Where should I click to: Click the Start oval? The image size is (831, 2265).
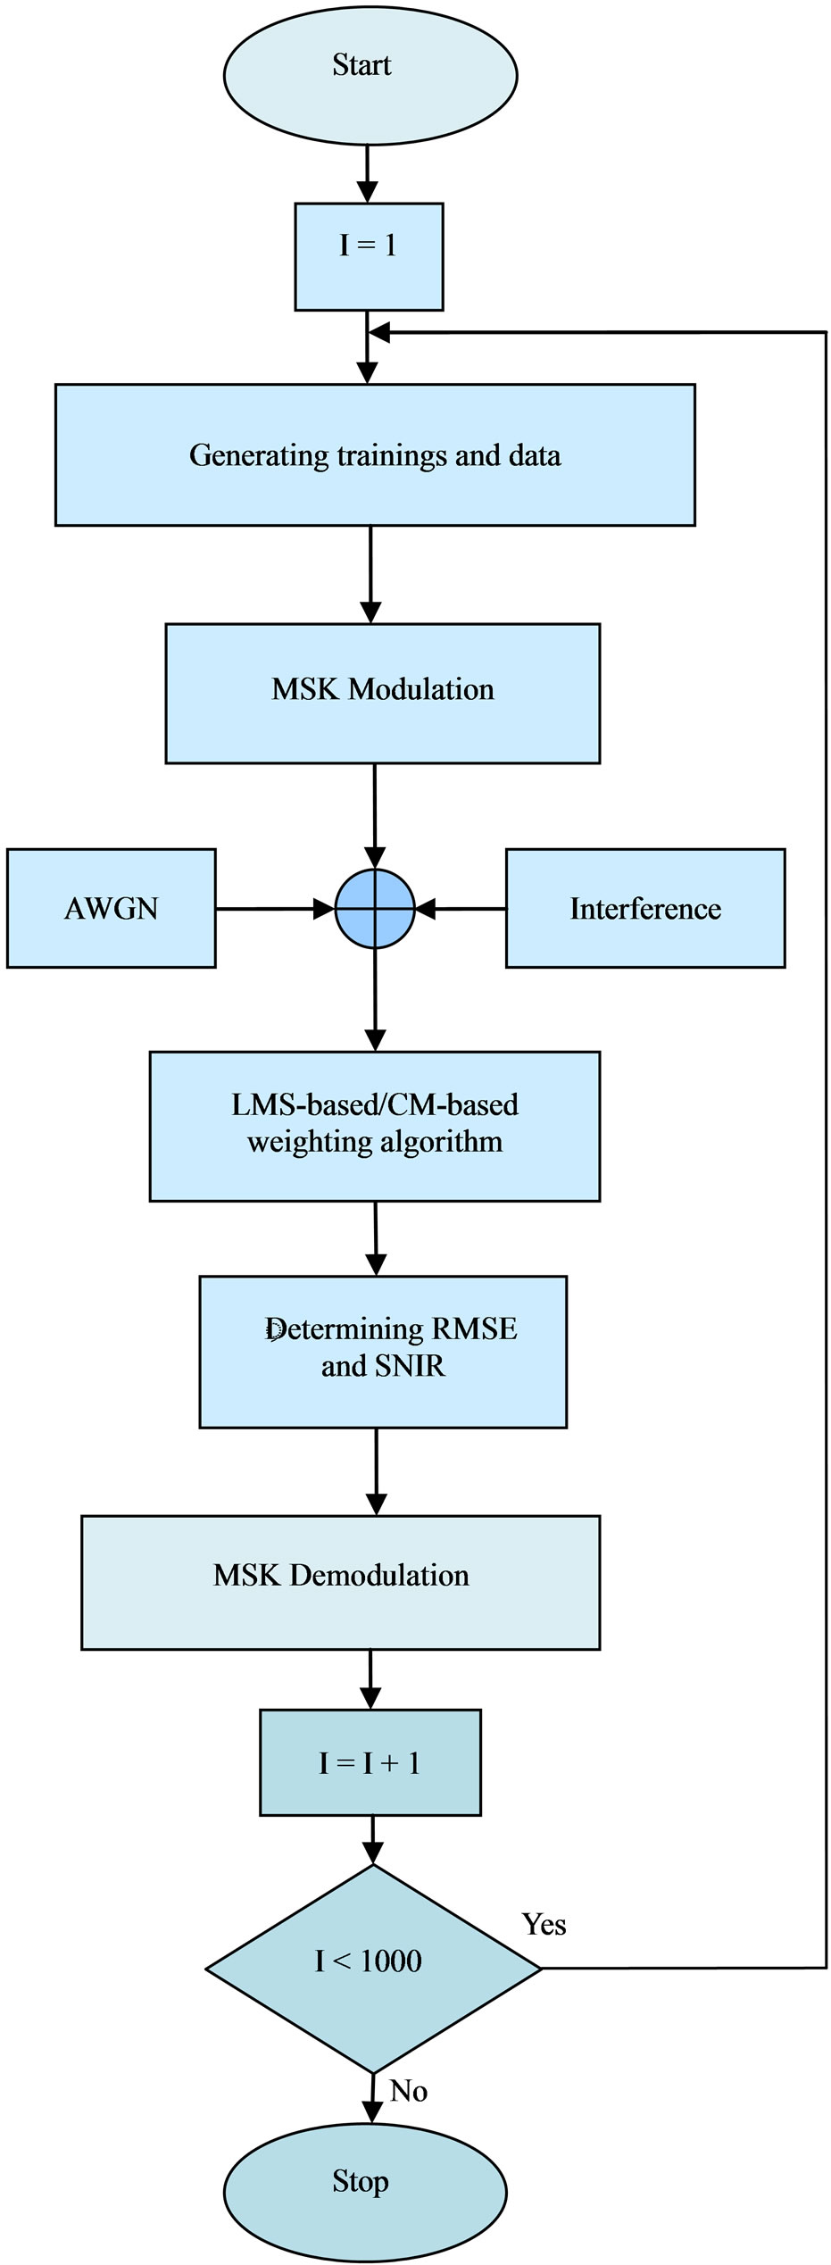click(370, 74)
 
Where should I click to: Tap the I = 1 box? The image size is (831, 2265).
click(369, 257)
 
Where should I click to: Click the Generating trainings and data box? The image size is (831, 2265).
click(375, 455)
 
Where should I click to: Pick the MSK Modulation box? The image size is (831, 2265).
click(382, 693)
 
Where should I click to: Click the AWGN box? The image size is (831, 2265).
click(111, 909)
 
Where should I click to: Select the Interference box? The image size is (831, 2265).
click(644, 909)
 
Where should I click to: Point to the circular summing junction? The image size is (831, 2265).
click(375, 909)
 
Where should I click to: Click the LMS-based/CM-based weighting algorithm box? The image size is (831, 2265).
click(374, 1126)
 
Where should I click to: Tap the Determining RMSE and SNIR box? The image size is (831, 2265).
click(382, 1352)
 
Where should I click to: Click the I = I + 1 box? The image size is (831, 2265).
click(370, 1762)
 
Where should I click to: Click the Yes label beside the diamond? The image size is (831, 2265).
click(544, 1925)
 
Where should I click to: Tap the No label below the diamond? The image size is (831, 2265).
click(408, 2092)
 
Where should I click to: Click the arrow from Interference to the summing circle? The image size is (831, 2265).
click(461, 909)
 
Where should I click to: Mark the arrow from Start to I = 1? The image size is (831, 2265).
click(367, 173)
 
